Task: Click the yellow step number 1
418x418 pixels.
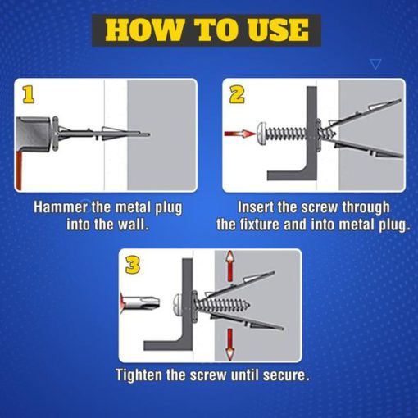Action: click(29, 95)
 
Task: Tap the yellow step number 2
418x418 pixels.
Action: click(237, 95)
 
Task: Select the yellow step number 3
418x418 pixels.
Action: click(133, 265)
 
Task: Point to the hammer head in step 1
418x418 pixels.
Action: click(34, 134)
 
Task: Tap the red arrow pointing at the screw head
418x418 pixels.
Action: click(240, 134)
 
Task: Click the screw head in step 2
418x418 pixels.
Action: click(261, 134)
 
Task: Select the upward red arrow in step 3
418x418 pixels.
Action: click(230, 266)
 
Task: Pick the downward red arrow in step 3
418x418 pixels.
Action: click(230, 344)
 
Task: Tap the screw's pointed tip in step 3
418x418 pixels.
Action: click(248, 304)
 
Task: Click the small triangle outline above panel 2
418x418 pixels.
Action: click(375, 64)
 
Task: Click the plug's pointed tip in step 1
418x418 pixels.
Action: click(148, 134)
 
